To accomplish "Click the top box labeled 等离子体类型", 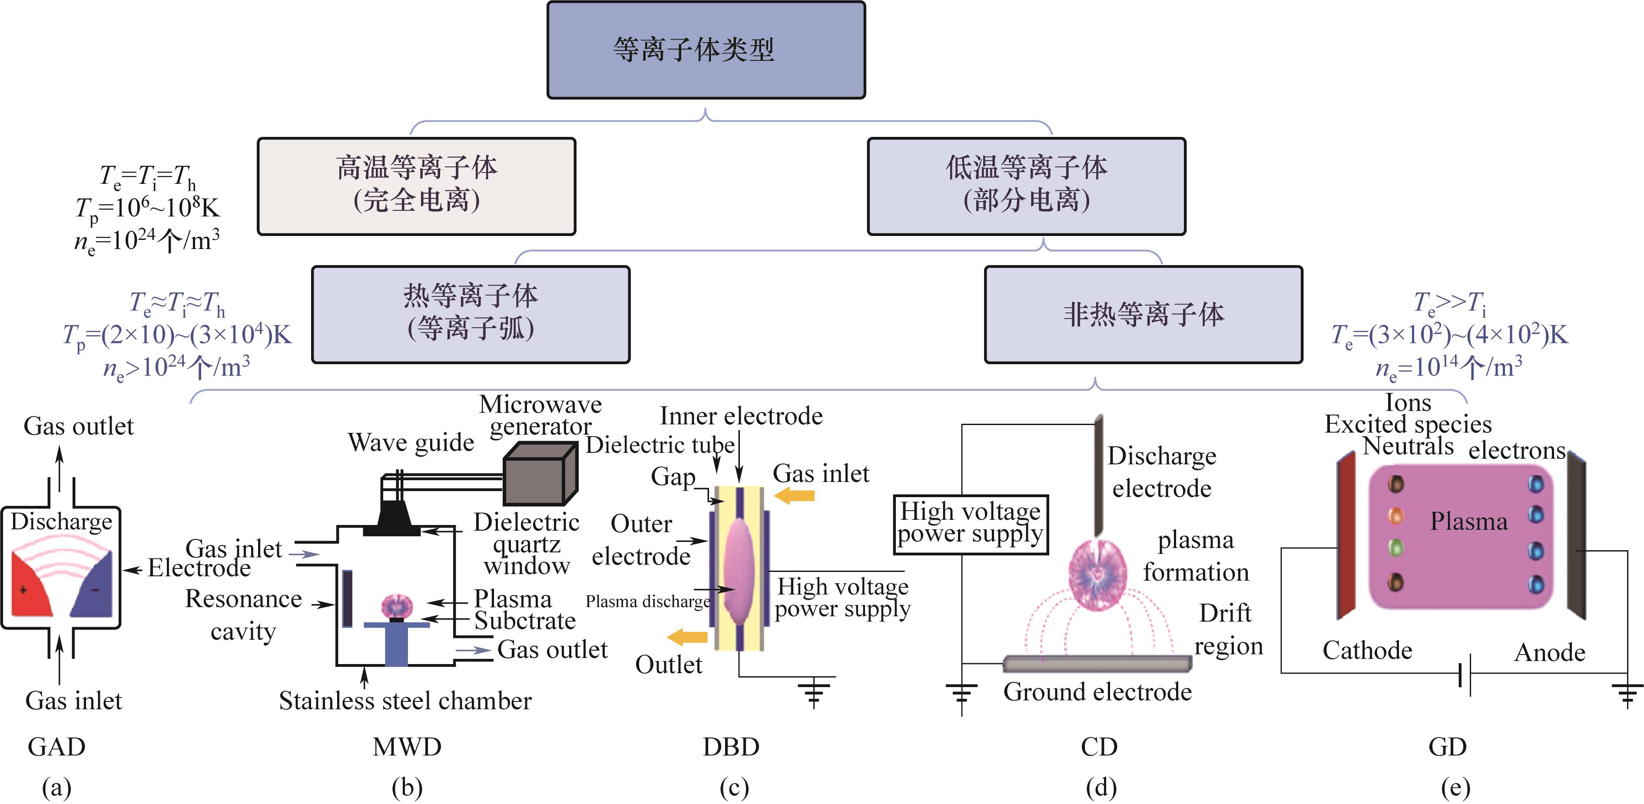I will (x=706, y=50).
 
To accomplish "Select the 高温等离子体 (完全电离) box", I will (x=416, y=186).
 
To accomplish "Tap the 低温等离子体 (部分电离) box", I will (x=1026, y=186).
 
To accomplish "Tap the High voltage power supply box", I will (x=970, y=524).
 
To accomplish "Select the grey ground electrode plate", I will (x=1097, y=664).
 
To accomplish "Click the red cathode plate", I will (x=1346, y=536).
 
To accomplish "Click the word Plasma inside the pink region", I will (x=1468, y=522).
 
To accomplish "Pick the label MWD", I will (x=407, y=747).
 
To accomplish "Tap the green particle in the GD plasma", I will (x=1396, y=547).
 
